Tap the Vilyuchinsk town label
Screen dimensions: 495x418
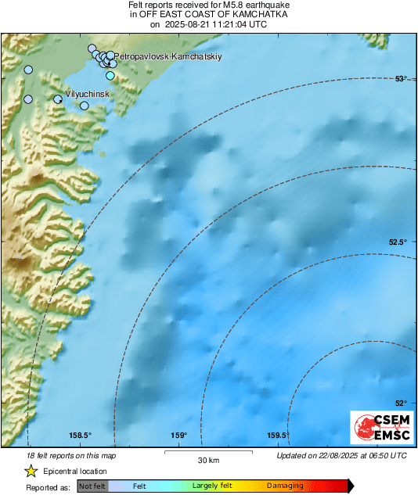pyautogui.click(x=85, y=94)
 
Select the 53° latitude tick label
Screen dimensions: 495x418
pyautogui.click(x=401, y=78)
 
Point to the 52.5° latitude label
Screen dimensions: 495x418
pyautogui.click(x=398, y=242)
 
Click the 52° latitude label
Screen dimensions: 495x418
pyautogui.click(x=401, y=403)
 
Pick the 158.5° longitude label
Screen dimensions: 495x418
pyautogui.click(x=81, y=436)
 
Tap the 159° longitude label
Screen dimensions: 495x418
pyautogui.click(x=179, y=436)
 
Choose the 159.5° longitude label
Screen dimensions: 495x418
pyautogui.click(x=279, y=436)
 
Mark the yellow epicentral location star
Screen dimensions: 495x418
pyautogui.click(x=31, y=471)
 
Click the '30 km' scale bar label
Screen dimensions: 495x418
pyautogui.click(x=207, y=460)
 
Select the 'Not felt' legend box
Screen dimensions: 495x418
pyautogui.click(x=92, y=486)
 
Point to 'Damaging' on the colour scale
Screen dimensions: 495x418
pyautogui.click(x=285, y=486)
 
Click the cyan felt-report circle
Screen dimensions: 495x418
pyautogui.click(x=110, y=75)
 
